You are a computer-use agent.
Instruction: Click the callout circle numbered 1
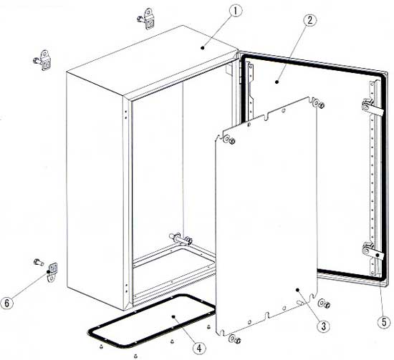pyautogui.click(x=235, y=11)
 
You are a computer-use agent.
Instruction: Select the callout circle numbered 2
pyautogui.click(x=309, y=20)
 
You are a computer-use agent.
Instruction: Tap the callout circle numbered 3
pyautogui.click(x=323, y=326)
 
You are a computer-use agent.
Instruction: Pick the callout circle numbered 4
pyautogui.click(x=199, y=349)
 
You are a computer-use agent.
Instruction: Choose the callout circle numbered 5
pyautogui.click(x=384, y=322)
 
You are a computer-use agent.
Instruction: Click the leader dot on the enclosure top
pyautogui.click(x=203, y=47)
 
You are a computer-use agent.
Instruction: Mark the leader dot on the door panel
pyautogui.click(x=277, y=82)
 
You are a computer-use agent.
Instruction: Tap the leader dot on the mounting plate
pyautogui.click(x=297, y=290)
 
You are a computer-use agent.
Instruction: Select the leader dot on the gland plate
pyautogui.click(x=173, y=317)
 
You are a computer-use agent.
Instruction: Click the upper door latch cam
pyautogui.click(x=372, y=109)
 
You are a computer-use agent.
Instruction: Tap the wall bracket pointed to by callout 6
pyautogui.click(x=52, y=272)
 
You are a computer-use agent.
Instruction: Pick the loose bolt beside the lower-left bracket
pyautogui.click(x=39, y=262)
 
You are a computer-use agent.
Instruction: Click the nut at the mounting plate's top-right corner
pyautogui.click(x=321, y=105)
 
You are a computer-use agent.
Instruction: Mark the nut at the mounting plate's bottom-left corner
pyautogui.click(x=237, y=341)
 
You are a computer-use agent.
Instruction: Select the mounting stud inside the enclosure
pyautogui.click(x=181, y=239)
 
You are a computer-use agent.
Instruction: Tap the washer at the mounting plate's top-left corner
pyautogui.click(x=226, y=138)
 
